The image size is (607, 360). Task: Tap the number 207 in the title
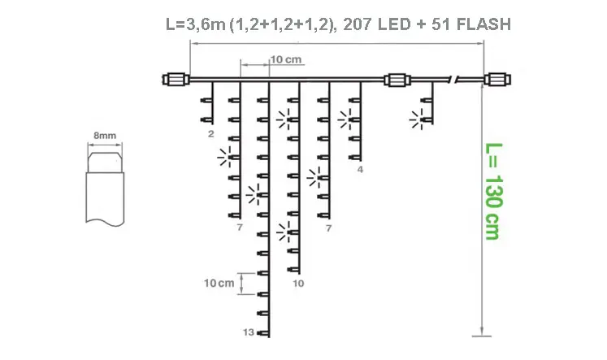coord(355,24)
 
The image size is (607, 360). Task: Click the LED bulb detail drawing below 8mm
coord(105,183)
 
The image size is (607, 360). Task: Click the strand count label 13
coord(249,332)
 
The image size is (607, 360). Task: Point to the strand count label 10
coord(298,284)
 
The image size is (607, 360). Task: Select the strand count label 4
coord(360,171)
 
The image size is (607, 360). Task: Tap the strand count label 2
coord(210,132)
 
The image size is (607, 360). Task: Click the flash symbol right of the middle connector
coord(420,120)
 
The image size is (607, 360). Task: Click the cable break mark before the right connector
coord(458,80)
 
